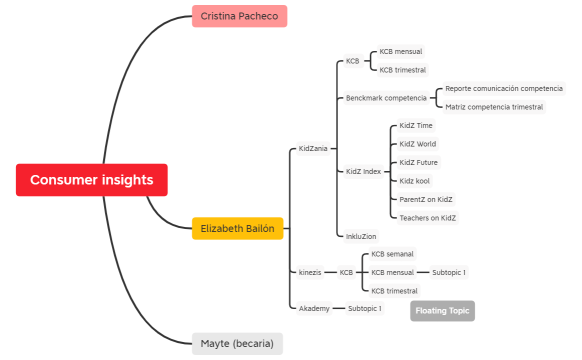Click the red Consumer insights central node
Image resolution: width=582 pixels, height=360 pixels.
click(x=91, y=180)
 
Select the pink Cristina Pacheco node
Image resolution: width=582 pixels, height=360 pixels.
click(x=239, y=16)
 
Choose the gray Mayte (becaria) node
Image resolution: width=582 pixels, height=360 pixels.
click(x=237, y=344)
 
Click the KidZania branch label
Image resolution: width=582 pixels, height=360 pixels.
click(x=313, y=149)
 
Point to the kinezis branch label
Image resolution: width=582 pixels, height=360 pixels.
click(x=310, y=272)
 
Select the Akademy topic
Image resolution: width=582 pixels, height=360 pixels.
click(x=314, y=308)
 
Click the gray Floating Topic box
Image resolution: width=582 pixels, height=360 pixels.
click(x=442, y=311)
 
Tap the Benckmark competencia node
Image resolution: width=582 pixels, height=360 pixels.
click(x=385, y=98)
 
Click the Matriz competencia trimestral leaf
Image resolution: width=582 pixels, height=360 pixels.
click(x=494, y=107)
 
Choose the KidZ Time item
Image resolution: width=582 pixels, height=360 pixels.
click(x=416, y=126)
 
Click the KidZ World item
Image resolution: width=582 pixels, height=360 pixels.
click(x=417, y=144)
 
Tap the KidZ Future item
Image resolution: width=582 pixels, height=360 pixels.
click(x=418, y=162)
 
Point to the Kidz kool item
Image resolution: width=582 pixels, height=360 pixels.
click(x=415, y=181)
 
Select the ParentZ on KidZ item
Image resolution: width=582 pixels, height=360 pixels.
click(x=426, y=199)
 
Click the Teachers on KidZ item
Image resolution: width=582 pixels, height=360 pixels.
click(x=427, y=217)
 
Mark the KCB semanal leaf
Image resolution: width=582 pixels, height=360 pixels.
click(x=392, y=254)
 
